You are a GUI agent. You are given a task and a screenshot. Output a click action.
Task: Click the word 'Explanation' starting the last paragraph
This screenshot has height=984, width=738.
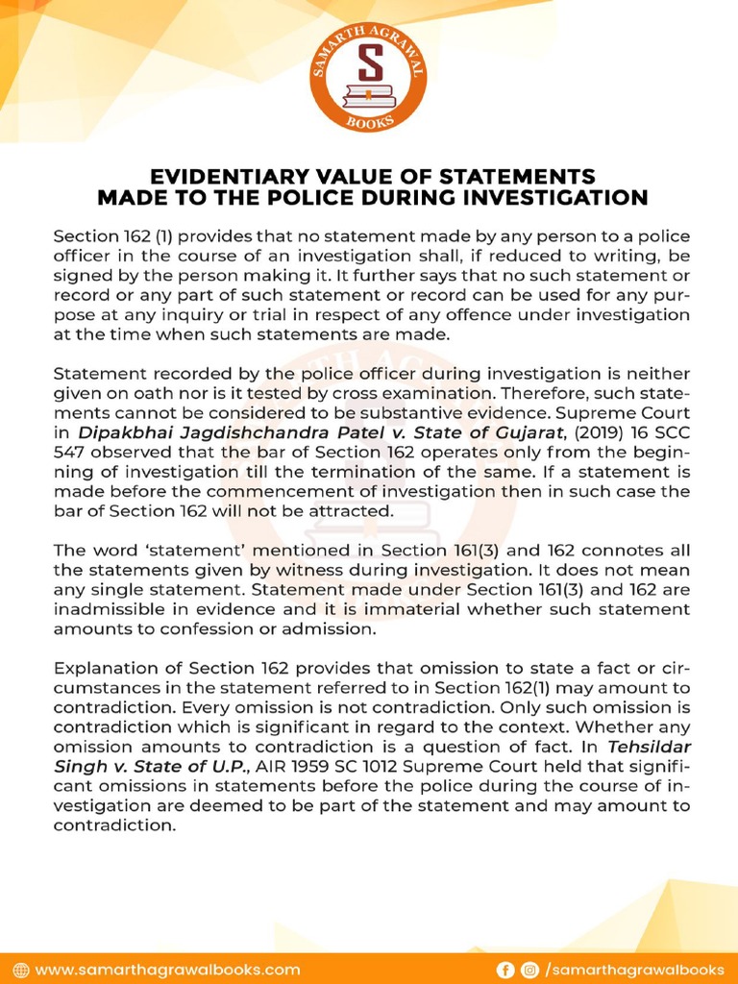click(106, 668)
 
